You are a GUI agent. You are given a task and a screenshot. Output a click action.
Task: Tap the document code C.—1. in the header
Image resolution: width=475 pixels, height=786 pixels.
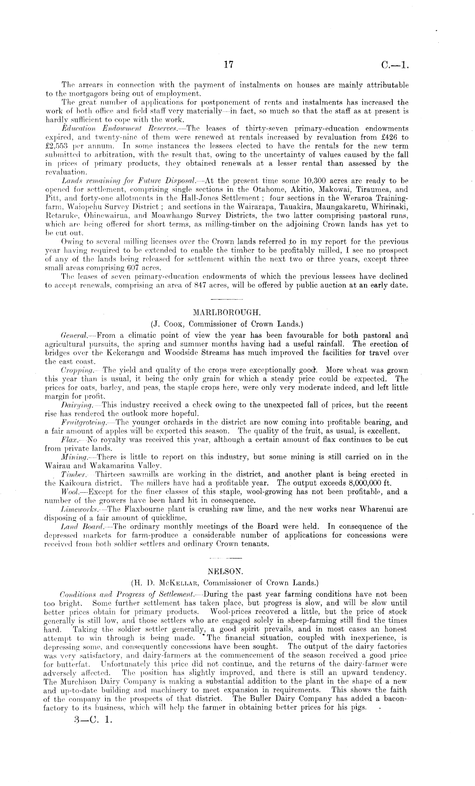click(396, 65)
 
